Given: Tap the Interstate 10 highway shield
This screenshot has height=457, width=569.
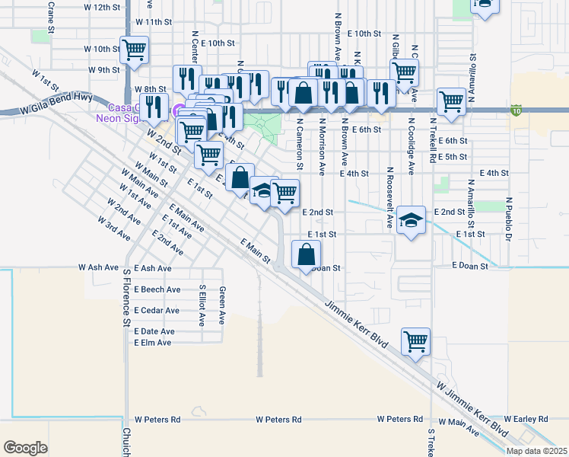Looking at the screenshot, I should [x=517, y=110].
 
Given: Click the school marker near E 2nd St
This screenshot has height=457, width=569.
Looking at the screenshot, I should [x=411, y=221].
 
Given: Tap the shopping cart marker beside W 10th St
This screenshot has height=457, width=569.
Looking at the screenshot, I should [x=135, y=50].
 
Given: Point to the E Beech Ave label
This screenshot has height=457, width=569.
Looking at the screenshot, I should [x=157, y=289].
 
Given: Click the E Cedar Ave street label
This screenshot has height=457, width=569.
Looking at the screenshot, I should [x=157, y=311].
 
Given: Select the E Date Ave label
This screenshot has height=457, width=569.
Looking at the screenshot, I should [x=154, y=331].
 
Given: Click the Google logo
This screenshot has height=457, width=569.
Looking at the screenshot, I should [x=25, y=447].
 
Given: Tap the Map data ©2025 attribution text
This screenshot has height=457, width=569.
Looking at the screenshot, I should [x=536, y=451].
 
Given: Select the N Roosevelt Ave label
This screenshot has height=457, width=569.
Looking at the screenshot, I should [x=389, y=197].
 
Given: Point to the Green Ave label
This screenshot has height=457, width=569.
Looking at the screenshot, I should [x=222, y=303].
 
